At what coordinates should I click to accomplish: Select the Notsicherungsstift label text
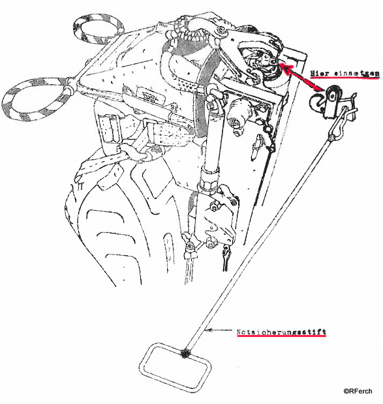[281, 332]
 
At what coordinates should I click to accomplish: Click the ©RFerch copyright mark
[358, 391]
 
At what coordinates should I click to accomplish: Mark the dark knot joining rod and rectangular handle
[185, 354]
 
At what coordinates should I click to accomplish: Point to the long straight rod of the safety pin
[258, 245]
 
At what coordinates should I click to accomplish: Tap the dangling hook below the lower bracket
[226, 258]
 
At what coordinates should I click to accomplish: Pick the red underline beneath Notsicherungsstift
[281, 336]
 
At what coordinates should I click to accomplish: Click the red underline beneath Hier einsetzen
[345, 78]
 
